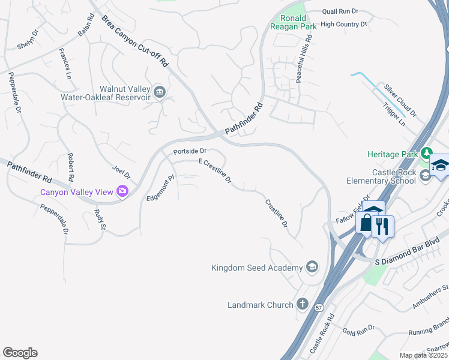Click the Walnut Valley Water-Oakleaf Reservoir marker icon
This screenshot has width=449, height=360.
(160, 92)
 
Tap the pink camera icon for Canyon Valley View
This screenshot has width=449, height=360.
(123, 191)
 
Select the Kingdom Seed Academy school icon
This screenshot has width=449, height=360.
(312, 266)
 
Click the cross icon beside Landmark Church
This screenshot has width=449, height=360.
(302, 304)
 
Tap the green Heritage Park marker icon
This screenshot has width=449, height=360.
(426, 154)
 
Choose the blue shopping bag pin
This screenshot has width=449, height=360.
(366, 223)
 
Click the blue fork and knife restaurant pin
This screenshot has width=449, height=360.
(382, 226)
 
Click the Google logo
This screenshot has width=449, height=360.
(20, 353)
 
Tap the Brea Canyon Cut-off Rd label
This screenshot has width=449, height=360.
(136, 41)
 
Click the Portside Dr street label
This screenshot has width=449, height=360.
(190, 151)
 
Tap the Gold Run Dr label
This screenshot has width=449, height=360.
(358, 329)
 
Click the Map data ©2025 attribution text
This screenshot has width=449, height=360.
(423, 355)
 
